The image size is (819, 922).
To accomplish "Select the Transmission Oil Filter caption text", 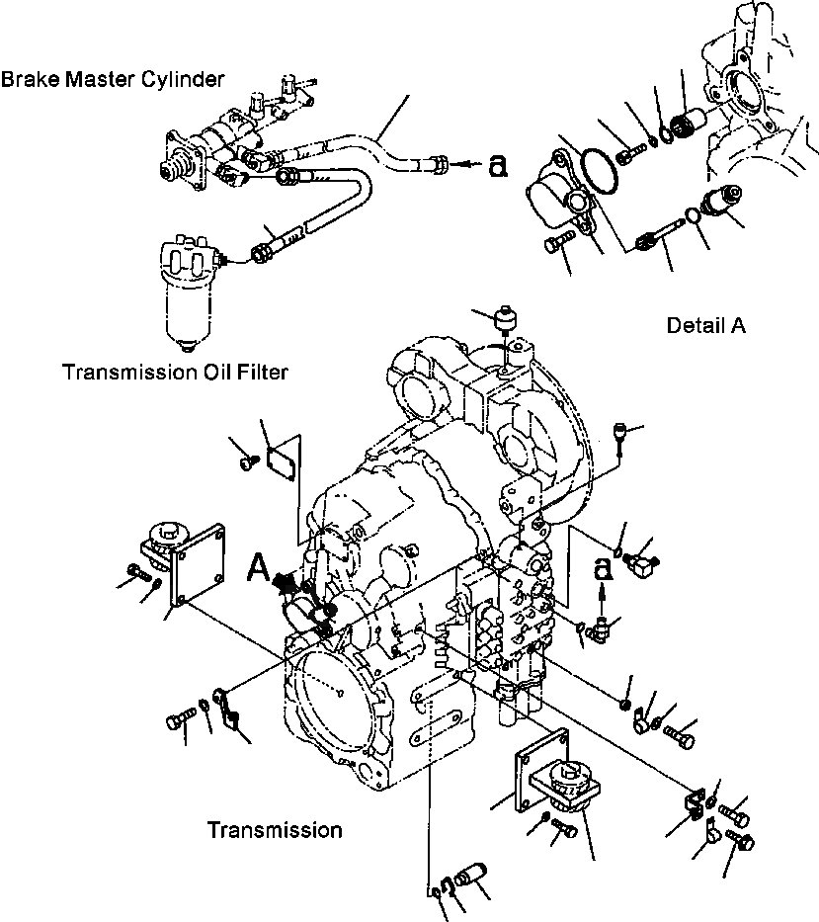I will (x=175, y=373).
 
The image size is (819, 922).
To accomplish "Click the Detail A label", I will (x=705, y=325).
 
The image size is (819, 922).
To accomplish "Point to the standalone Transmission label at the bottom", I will (x=275, y=830).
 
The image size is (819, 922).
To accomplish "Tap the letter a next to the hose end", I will (x=499, y=167).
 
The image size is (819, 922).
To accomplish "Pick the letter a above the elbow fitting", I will (x=601, y=568).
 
